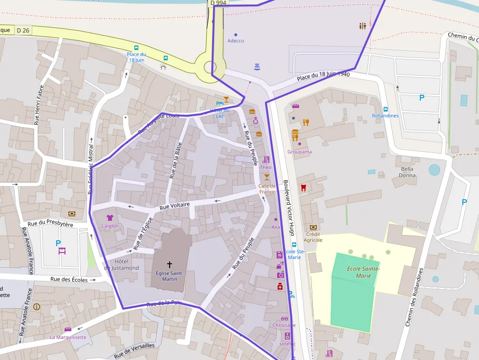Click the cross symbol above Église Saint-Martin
170,264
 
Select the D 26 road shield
23,30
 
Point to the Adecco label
236,41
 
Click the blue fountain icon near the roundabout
257,66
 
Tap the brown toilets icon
362,26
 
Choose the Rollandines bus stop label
385,116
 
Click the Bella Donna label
407,172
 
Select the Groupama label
300,152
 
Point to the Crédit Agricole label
313,237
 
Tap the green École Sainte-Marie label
363,272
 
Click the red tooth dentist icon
303,188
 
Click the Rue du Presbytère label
50,224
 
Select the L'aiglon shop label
110,226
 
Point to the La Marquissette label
68,337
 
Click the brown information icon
37,307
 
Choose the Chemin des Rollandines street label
414,297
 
